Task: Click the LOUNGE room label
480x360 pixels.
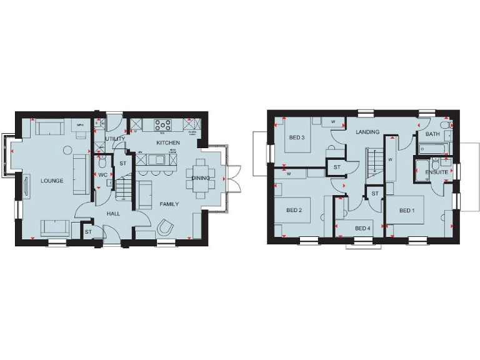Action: click(52, 181)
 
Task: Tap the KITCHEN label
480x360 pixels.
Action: click(167, 143)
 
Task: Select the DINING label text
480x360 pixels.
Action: click(201, 178)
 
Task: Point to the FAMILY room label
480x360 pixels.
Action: click(169, 204)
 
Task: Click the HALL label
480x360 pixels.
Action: click(113, 214)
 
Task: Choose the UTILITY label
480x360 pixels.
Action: click(115, 139)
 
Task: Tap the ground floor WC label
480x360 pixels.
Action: click(102, 175)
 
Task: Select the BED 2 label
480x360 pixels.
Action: click(294, 210)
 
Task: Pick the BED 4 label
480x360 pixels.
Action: click(362, 228)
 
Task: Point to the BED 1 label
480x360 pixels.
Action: click(406, 211)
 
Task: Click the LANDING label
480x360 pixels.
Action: click(367, 132)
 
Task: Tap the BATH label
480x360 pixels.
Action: click(432, 134)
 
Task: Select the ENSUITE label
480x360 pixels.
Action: click(436, 172)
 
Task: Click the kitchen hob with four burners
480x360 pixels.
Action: click(162, 124)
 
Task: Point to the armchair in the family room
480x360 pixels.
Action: click(166, 227)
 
